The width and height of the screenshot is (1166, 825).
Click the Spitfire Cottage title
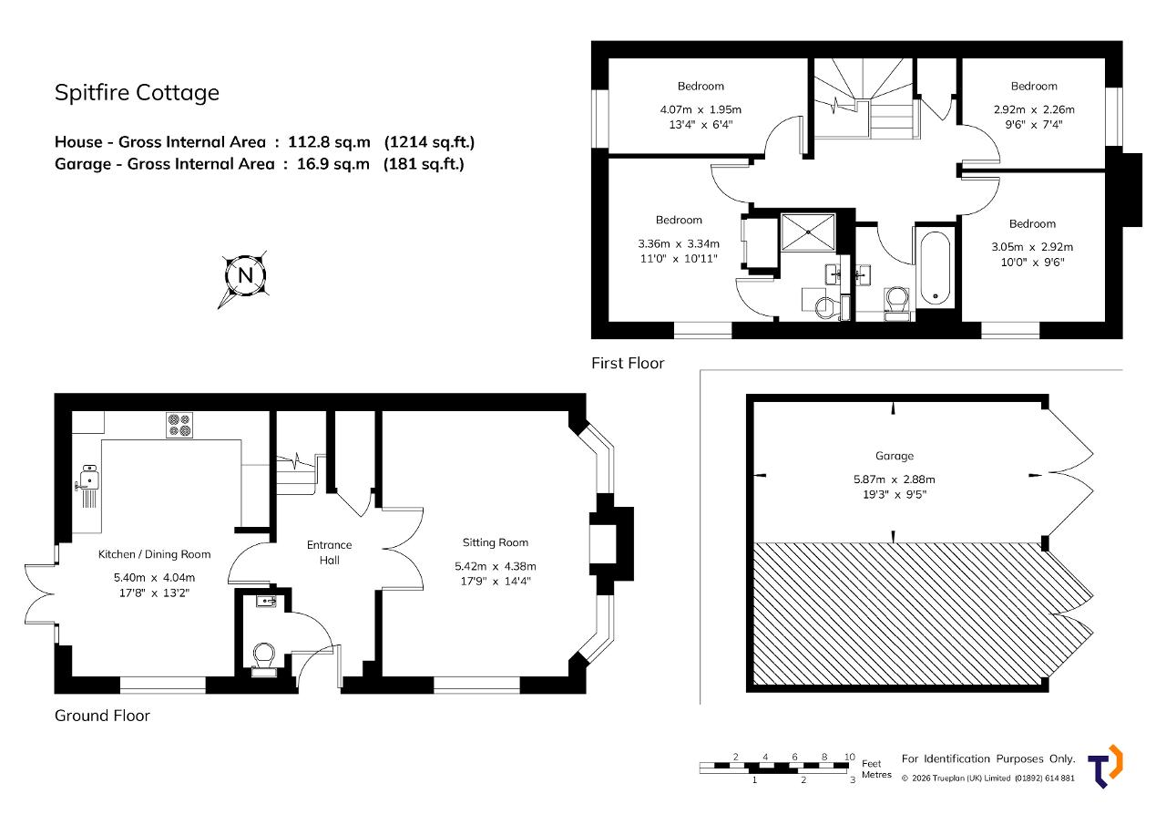tap(137, 93)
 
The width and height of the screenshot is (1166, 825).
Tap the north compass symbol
tap(245, 276)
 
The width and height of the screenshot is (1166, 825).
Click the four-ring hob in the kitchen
tap(179, 425)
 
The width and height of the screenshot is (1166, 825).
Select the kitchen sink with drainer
tap(88, 485)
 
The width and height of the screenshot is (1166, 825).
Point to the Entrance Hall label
tap(330, 552)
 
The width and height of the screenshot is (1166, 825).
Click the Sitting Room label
tap(496, 542)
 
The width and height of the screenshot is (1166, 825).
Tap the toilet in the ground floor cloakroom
tap(264, 659)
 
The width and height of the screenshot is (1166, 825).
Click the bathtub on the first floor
tap(936, 269)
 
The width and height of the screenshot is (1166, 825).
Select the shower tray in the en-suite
tap(808, 232)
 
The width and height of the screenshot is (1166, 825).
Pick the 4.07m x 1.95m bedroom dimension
tap(701, 109)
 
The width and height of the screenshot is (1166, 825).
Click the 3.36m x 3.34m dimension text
tap(679, 243)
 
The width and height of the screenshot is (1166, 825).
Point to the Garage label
tap(895, 456)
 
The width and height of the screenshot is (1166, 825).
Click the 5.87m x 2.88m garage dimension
tap(895, 480)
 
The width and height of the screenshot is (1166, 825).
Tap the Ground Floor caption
tap(102, 716)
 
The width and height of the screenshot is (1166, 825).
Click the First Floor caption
tap(628, 363)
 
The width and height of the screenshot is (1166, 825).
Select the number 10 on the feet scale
tap(850, 757)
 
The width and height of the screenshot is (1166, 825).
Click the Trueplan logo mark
tap(1105, 766)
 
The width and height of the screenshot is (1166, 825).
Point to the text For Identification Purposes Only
tap(988, 758)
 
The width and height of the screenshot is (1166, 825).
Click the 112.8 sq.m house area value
tap(330, 141)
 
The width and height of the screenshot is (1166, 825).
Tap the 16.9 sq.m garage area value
tap(333, 164)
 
